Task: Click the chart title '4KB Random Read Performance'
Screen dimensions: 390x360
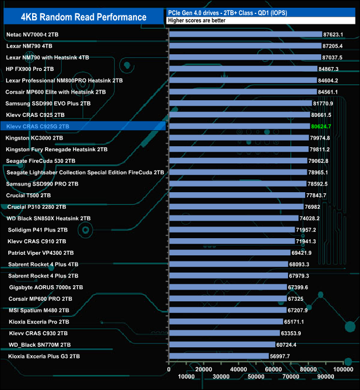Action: (x=83, y=17)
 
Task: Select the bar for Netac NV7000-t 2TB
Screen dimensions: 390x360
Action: (x=245, y=34)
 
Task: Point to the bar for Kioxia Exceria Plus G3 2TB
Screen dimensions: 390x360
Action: (x=219, y=356)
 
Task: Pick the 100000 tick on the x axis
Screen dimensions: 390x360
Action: (x=343, y=369)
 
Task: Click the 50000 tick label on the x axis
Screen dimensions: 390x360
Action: (x=256, y=377)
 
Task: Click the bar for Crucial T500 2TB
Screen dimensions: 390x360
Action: (x=236, y=196)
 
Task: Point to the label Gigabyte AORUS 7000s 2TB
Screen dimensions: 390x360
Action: (x=46, y=287)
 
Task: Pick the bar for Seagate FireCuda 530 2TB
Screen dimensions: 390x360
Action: (x=238, y=161)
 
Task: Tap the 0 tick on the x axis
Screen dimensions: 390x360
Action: (x=169, y=369)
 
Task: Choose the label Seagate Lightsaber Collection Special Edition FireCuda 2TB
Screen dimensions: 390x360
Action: (x=85, y=172)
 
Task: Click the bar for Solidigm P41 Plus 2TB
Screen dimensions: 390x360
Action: (x=232, y=230)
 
